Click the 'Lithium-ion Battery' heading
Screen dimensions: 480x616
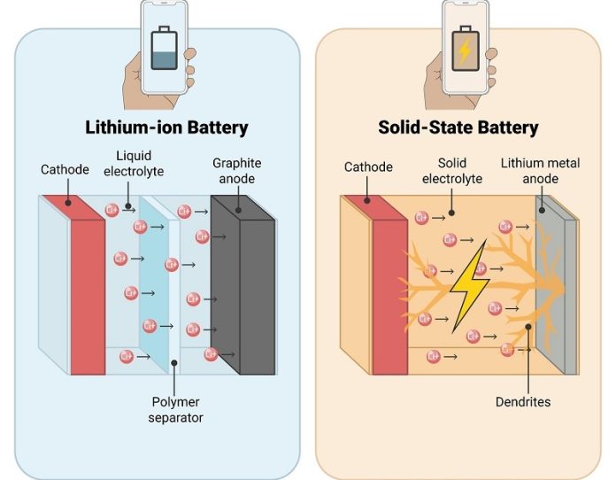tap(166, 127)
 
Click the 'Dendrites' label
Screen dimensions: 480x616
tap(525, 402)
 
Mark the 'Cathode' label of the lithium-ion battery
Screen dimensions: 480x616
tap(65, 168)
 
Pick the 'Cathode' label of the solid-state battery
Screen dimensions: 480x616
tap(367, 166)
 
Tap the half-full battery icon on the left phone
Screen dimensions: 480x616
tap(166, 50)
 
